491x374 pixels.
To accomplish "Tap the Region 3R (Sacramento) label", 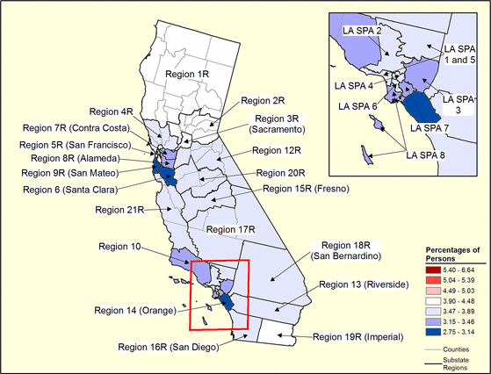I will (x=284, y=124).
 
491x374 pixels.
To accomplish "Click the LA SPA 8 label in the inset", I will (x=425, y=155).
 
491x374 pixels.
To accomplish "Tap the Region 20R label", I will (x=284, y=172).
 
